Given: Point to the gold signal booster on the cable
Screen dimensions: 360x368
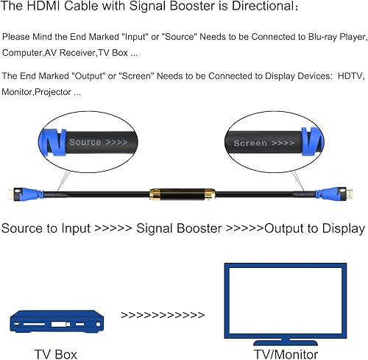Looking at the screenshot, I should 181,196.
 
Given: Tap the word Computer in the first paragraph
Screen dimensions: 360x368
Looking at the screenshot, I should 24,54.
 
